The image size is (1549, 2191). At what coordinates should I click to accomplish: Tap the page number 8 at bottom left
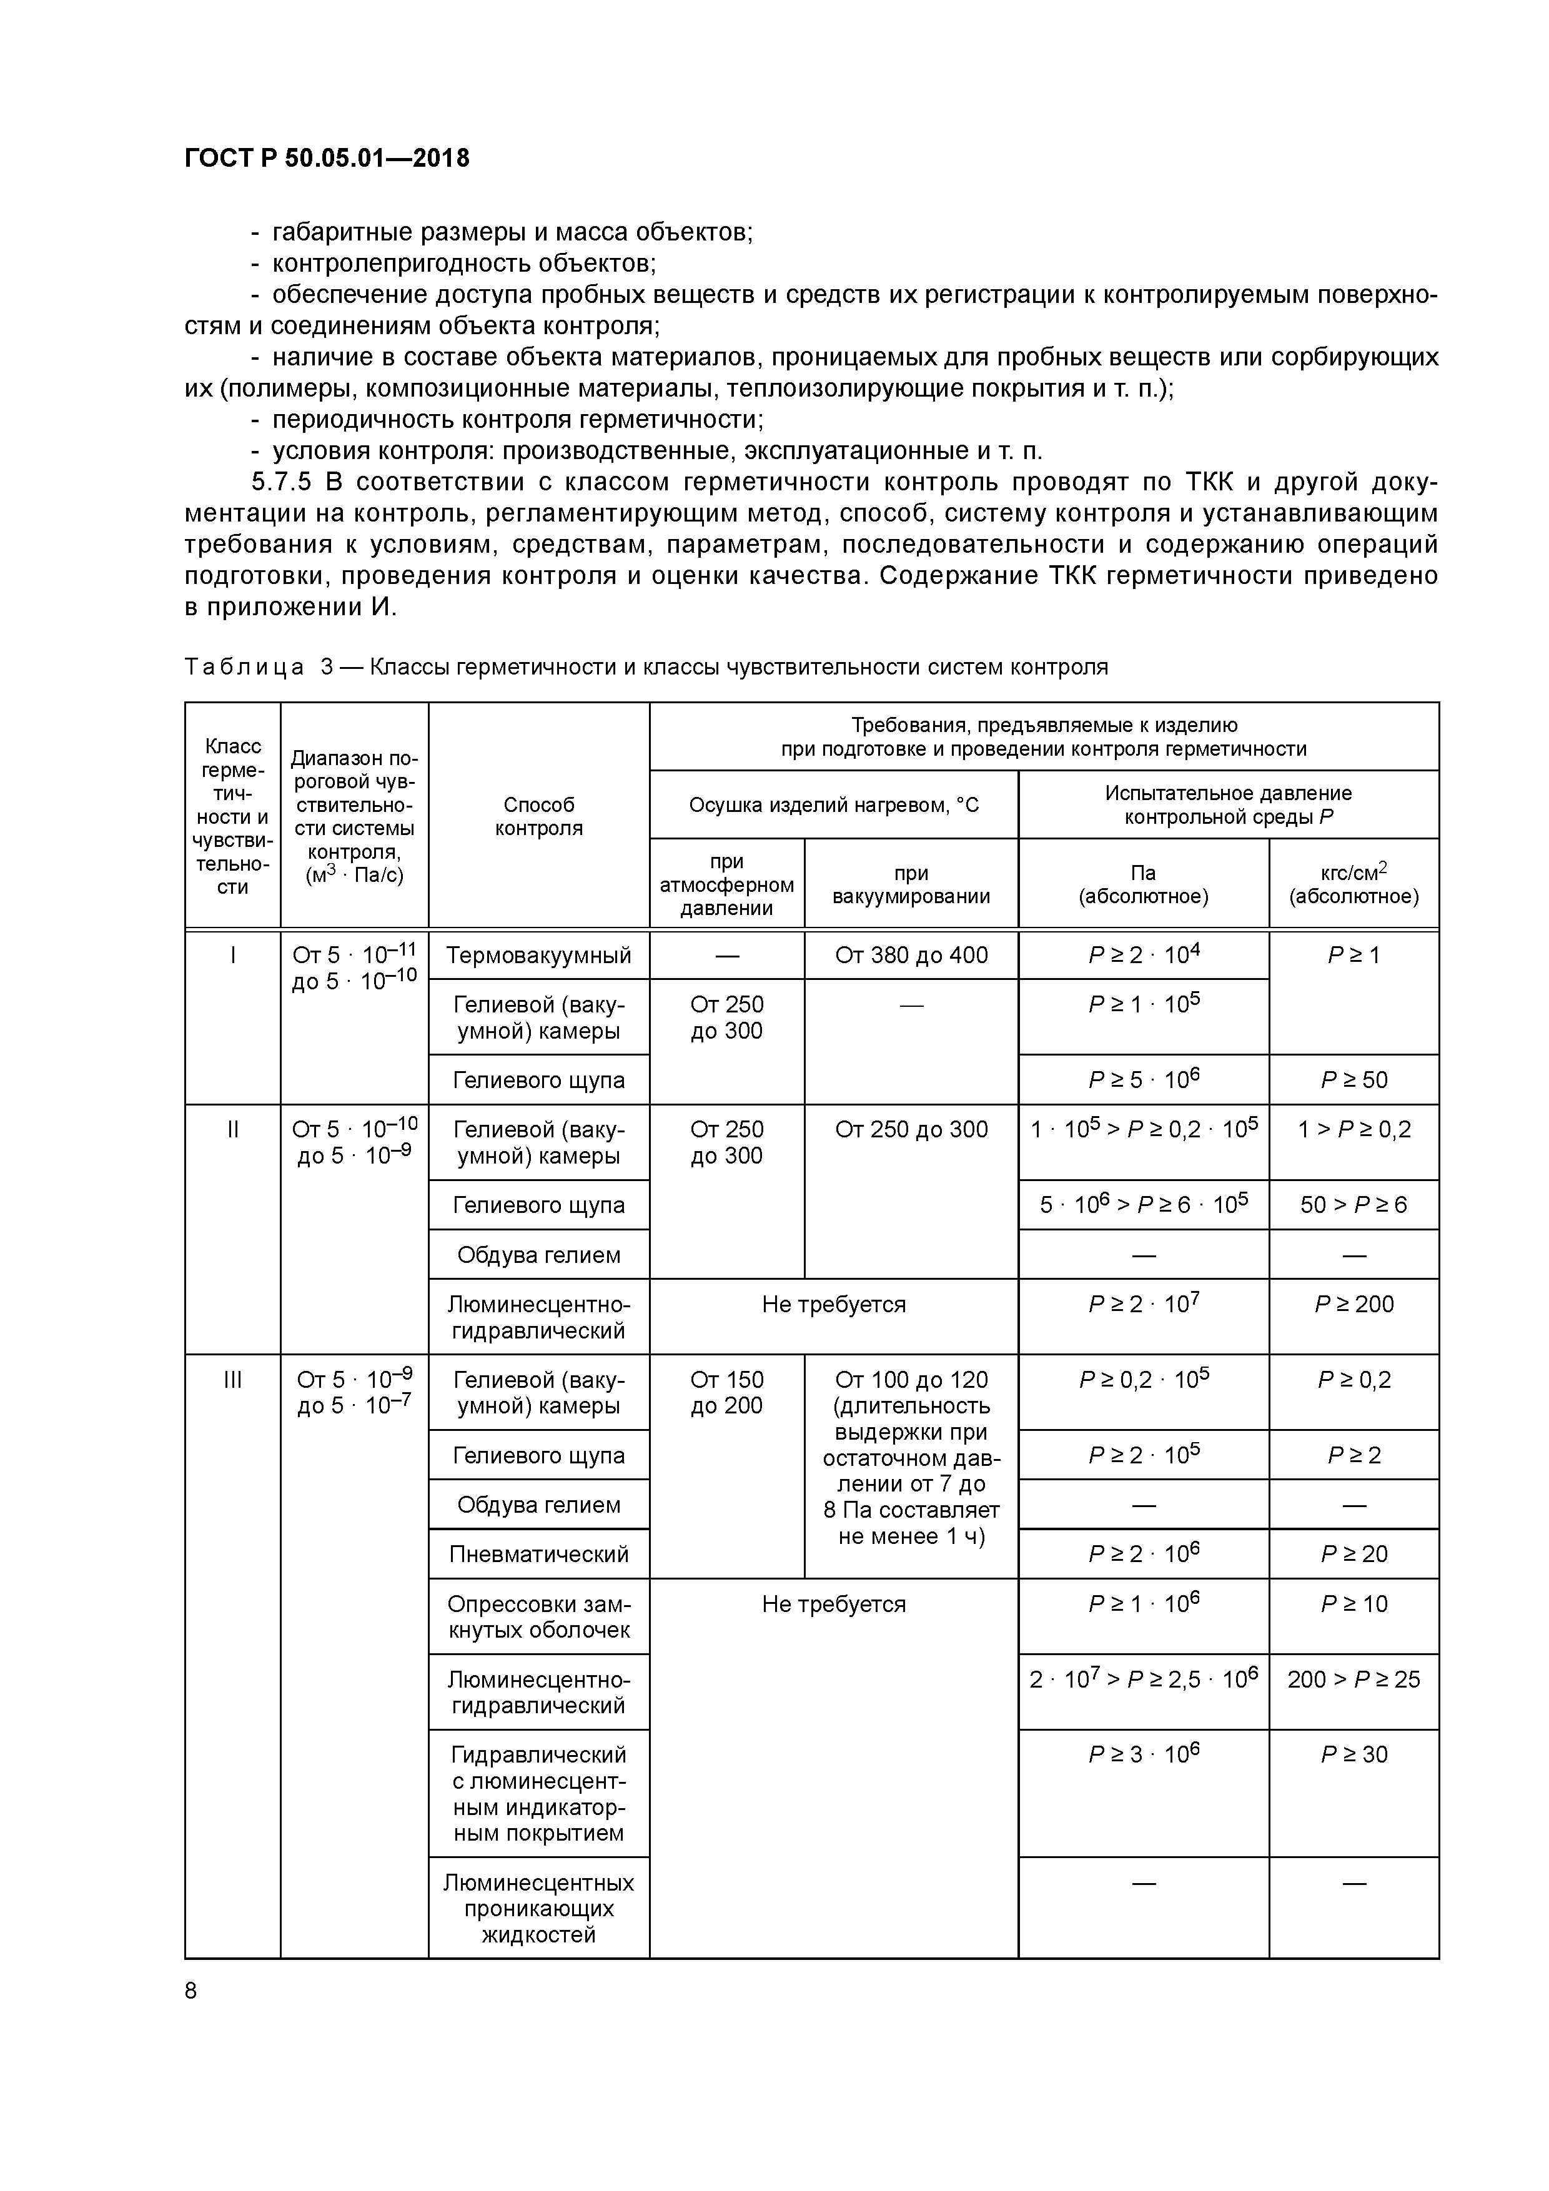tap(191, 1990)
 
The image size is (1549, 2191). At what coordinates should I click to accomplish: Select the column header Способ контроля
tap(538, 816)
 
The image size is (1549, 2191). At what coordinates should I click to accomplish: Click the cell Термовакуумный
tap(538, 955)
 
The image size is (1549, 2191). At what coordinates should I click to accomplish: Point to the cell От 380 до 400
tap(911, 955)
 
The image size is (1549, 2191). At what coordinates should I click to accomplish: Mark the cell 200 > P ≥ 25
tap(1354, 1679)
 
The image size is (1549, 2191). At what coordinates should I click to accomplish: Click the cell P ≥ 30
tap(1354, 1754)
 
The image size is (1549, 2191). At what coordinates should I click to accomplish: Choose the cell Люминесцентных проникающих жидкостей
tap(538, 1909)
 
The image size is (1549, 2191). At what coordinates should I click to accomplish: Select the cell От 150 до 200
tap(726, 1392)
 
